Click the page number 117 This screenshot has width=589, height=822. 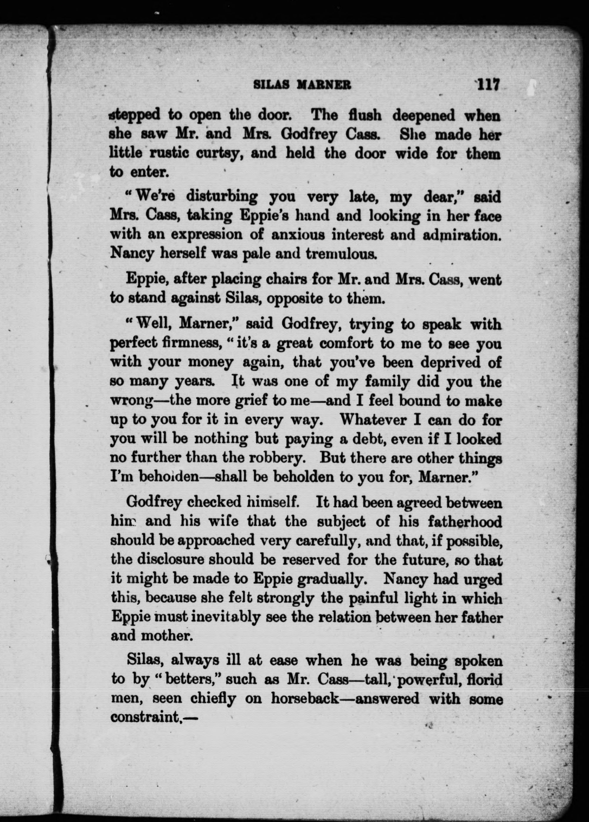(x=488, y=85)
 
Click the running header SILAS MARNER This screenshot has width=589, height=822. (x=302, y=85)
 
